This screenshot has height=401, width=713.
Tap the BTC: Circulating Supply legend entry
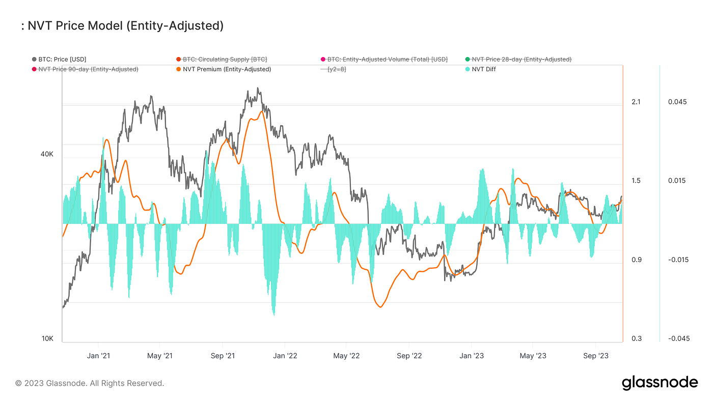(x=225, y=60)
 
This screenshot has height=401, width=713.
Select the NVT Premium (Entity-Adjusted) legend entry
(x=227, y=69)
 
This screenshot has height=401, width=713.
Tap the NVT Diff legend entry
(x=484, y=69)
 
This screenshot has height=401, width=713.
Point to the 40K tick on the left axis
(x=47, y=154)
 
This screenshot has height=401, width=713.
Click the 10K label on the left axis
(x=47, y=339)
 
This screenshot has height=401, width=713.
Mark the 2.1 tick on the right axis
(x=636, y=102)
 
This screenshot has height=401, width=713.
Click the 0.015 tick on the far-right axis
(x=677, y=181)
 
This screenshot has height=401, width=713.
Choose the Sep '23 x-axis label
(x=596, y=356)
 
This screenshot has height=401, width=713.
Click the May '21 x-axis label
(x=160, y=356)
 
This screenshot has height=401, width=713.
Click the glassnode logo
(x=660, y=383)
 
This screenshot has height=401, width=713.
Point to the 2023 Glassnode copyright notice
(x=90, y=383)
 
